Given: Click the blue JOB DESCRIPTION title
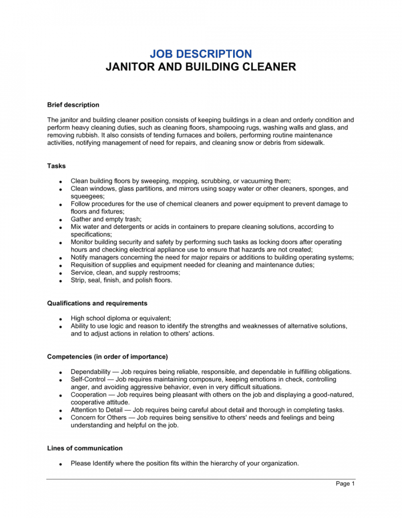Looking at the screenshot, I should [201, 54].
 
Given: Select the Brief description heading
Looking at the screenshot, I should [73, 105].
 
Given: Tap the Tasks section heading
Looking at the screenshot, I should [56, 166].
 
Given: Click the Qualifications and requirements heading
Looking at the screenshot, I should [97, 303].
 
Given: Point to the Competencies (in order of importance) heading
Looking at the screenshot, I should [108, 356].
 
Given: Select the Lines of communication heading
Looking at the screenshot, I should [85, 448].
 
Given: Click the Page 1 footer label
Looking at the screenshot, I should [345, 484].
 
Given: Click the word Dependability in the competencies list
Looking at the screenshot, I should [91, 372].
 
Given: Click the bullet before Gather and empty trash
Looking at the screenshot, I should [60, 220].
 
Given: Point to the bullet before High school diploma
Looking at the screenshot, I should [60, 319].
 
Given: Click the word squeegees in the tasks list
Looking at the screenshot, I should [87, 196].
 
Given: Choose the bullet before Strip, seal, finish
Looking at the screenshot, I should [60, 281].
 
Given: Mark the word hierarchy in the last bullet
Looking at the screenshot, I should [222, 463].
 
